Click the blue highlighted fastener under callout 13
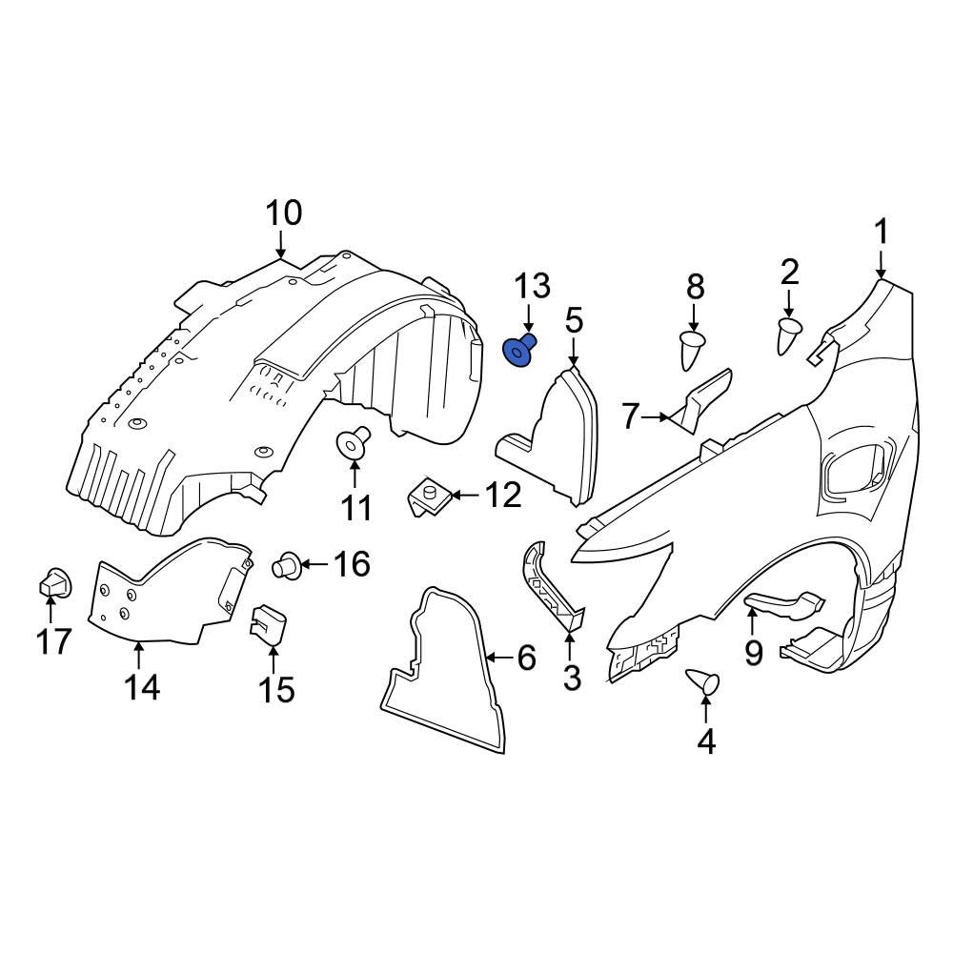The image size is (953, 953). pos(518,353)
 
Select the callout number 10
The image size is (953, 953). pos(283,213)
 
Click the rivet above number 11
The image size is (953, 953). pos(353,443)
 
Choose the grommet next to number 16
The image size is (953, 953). pos(285,565)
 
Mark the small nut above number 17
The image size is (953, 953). pos(54,581)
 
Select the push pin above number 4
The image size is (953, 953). pos(704,683)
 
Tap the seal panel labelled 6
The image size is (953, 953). pos(442,668)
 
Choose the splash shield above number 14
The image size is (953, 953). pos(172,591)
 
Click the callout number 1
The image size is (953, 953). pos(882,232)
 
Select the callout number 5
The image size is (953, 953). pos(573,321)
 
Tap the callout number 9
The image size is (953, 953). pos(753,653)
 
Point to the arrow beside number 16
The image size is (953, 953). pos(314,565)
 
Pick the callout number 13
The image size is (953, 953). pos(533,285)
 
